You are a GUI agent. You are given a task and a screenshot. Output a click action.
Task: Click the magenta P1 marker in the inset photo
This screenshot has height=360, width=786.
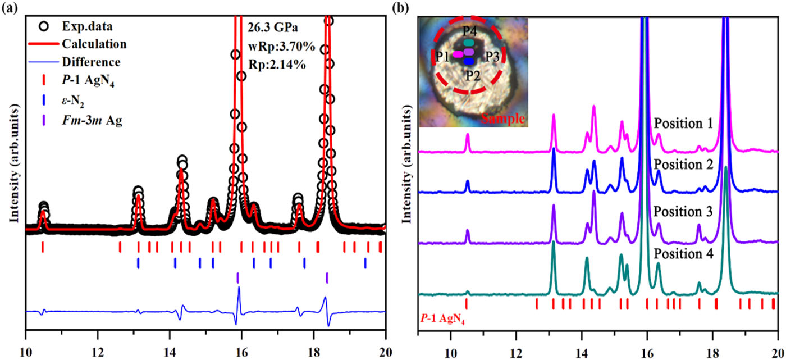tap(458, 54)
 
